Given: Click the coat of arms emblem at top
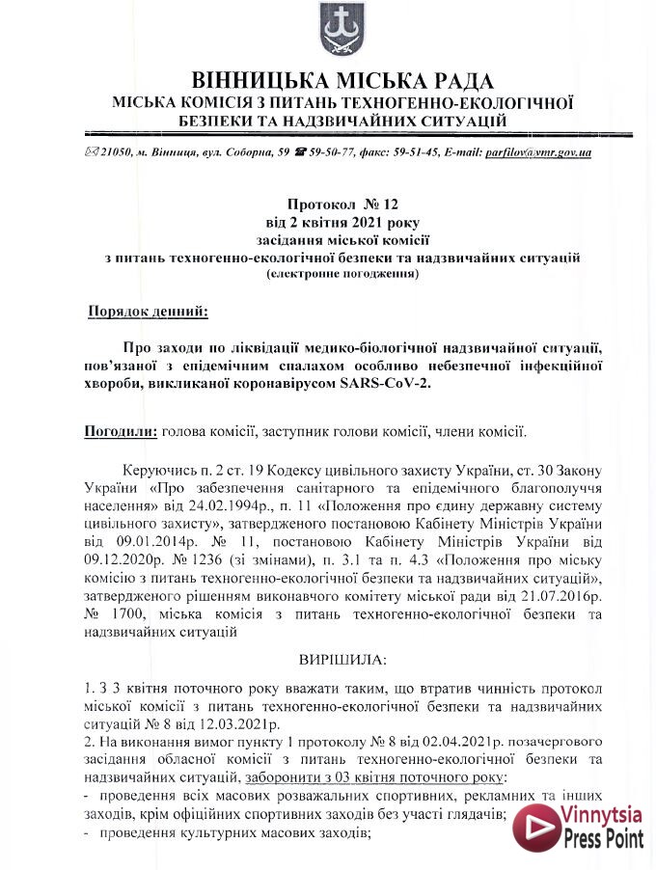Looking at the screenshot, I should [338, 31].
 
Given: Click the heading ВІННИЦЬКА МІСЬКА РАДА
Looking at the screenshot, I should [342, 81].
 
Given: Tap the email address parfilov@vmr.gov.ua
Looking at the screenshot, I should [538, 153].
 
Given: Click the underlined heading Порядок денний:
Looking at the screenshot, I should [148, 313].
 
